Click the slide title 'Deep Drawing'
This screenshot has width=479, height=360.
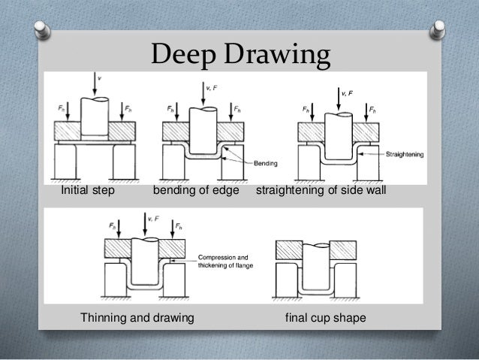pyautogui.click(x=239, y=54)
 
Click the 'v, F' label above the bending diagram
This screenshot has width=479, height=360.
pyautogui.click(x=212, y=89)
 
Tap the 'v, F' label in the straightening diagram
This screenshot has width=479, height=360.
pyautogui.click(x=347, y=92)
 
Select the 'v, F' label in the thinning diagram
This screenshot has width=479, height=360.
pyautogui.click(x=153, y=219)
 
